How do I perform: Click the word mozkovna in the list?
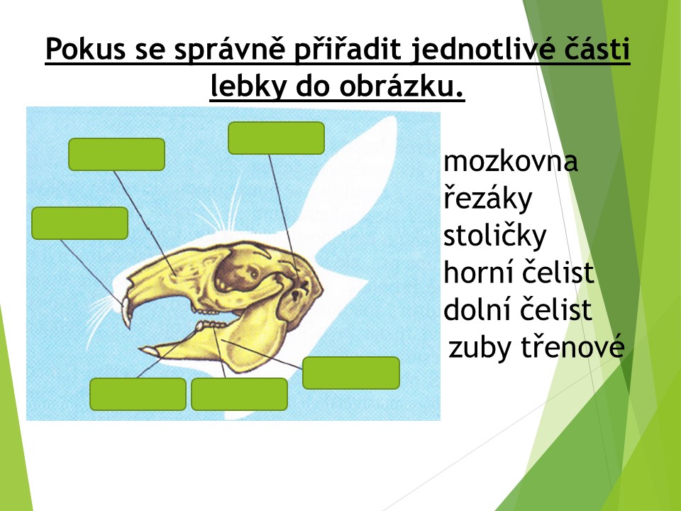click(x=511, y=161)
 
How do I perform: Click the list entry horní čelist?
click(x=519, y=273)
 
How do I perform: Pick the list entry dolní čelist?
click(x=518, y=309)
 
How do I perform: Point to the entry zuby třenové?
click(x=536, y=348)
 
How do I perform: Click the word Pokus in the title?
click(x=86, y=49)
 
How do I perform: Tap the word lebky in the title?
click(x=248, y=87)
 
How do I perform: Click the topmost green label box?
click(x=276, y=138)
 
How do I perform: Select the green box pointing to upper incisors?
click(x=80, y=224)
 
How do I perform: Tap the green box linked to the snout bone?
click(x=117, y=154)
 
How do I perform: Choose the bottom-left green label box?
click(x=138, y=394)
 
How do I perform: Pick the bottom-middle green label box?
click(x=239, y=394)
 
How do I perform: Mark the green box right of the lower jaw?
click(x=351, y=373)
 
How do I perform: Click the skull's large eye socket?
click(x=235, y=273)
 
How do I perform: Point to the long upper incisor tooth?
click(x=126, y=312)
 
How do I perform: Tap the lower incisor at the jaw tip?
click(x=148, y=350)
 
